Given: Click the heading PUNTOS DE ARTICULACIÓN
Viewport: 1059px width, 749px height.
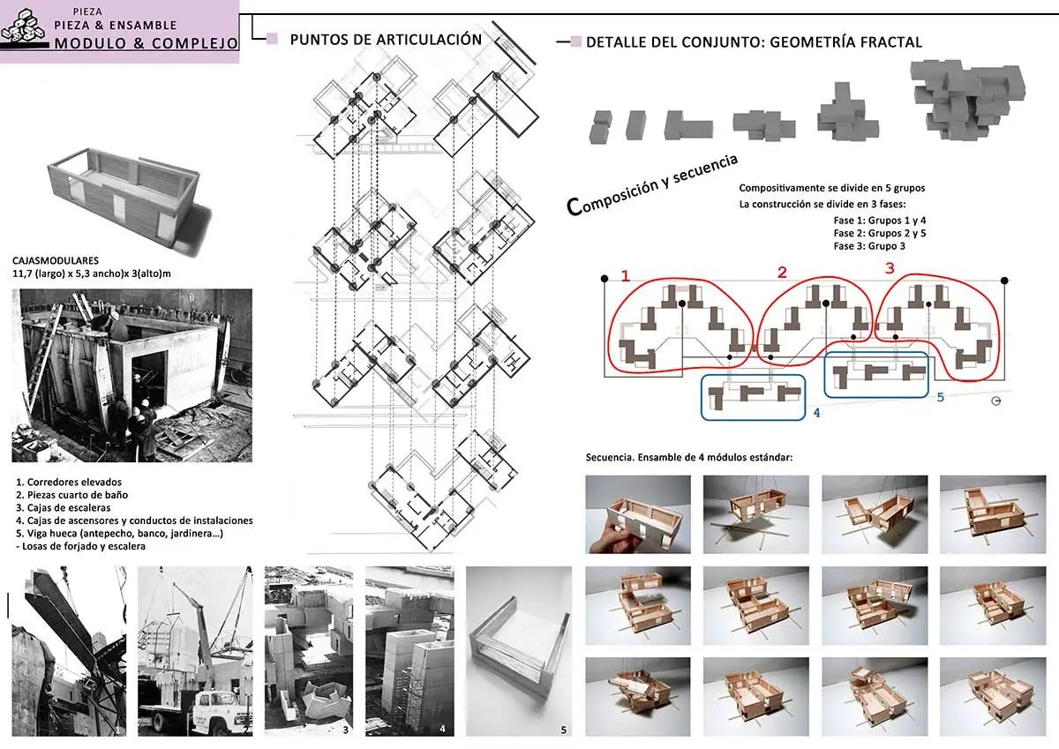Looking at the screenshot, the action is [386, 40].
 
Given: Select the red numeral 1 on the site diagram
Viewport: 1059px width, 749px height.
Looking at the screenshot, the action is [626, 275].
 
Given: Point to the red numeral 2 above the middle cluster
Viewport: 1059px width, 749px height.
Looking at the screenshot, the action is [783, 273].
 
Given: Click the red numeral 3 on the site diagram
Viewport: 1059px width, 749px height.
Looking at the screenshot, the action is [890, 268].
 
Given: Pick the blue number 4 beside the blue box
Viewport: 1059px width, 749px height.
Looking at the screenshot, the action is [816, 413].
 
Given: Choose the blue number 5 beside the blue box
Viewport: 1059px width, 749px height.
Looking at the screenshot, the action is [941, 397].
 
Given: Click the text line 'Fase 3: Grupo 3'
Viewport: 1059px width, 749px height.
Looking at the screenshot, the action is [869, 246].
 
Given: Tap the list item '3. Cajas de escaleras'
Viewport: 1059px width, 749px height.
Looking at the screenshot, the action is [64, 508].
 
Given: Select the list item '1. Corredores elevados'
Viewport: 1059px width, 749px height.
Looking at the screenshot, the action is [69, 482].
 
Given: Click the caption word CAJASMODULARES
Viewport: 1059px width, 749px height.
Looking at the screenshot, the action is [56, 260].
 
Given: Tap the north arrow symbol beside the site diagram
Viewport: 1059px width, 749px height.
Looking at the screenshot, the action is [996, 401].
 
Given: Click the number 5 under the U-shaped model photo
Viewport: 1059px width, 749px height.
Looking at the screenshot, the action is [563, 730].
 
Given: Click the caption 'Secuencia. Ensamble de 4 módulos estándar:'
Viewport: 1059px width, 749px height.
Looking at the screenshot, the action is [689, 458].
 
